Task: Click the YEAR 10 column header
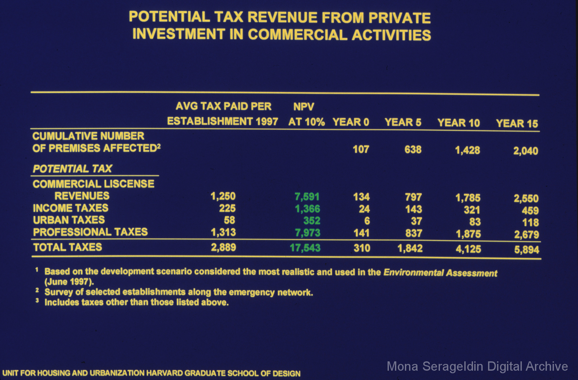(459, 123)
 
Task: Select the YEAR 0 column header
(351, 122)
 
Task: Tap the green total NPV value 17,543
(305, 248)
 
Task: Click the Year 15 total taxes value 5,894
(527, 249)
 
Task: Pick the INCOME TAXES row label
(71, 208)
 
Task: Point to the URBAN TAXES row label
(69, 220)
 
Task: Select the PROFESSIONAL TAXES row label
(90, 232)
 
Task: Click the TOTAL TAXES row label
(67, 247)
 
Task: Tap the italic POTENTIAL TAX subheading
(72, 168)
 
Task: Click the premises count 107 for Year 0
(361, 149)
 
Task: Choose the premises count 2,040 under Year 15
(525, 151)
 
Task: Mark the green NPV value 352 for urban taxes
(312, 221)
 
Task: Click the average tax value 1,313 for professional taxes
(223, 232)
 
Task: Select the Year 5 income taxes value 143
(414, 209)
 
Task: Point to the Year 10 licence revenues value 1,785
(468, 198)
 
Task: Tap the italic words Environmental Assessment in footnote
(440, 273)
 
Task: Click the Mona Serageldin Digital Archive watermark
(477, 366)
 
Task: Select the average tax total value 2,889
(223, 247)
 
